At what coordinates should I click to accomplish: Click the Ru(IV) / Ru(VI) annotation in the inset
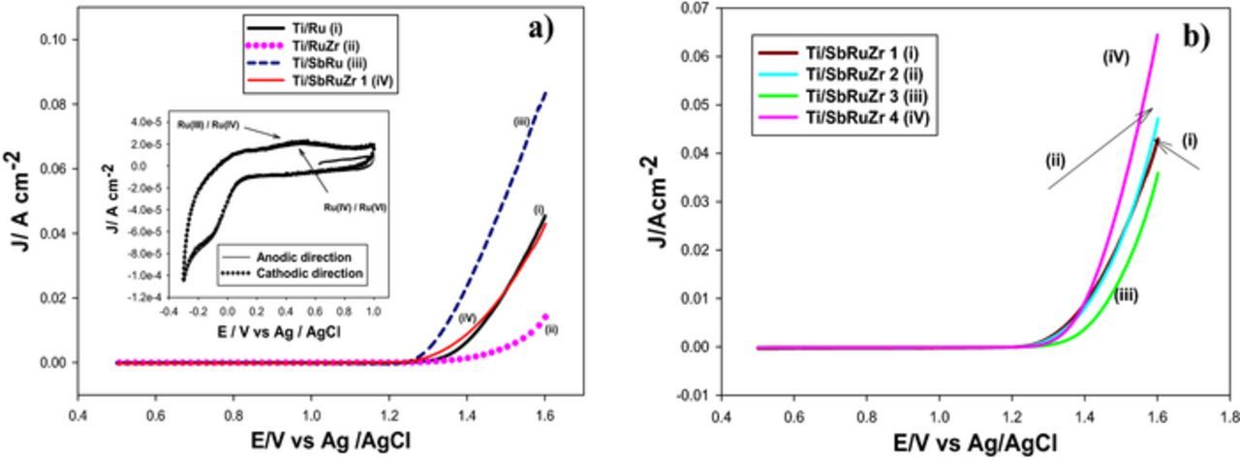[356, 206]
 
